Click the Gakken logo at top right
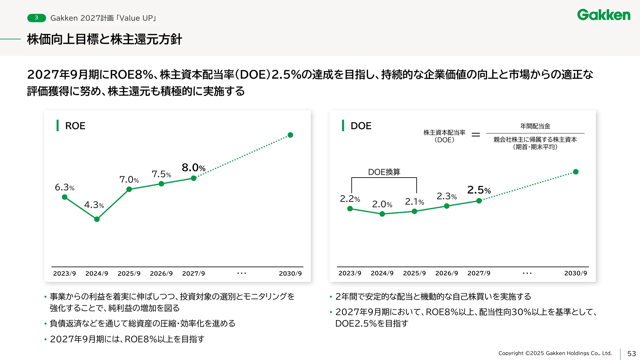(x=604, y=15)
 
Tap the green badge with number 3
(x=36, y=18)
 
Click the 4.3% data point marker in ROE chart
(x=97, y=219)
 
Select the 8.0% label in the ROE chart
(x=193, y=168)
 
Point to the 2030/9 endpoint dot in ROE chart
(x=290, y=135)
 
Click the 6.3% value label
(x=64, y=187)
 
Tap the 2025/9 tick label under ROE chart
(x=129, y=274)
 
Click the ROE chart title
(x=75, y=126)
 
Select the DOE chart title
(x=361, y=126)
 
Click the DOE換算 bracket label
(x=384, y=172)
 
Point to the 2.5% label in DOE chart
(x=479, y=190)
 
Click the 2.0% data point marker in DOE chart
(x=382, y=214)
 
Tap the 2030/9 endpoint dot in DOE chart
(x=576, y=172)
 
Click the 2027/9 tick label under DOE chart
(x=479, y=273)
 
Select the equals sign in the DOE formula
(x=476, y=135)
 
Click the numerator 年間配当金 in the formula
(x=535, y=126)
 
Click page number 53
(x=631, y=354)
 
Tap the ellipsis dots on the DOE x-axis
(x=527, y=273)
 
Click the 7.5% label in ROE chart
(x=161, y=174)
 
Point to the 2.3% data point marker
(x=447, y=206)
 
